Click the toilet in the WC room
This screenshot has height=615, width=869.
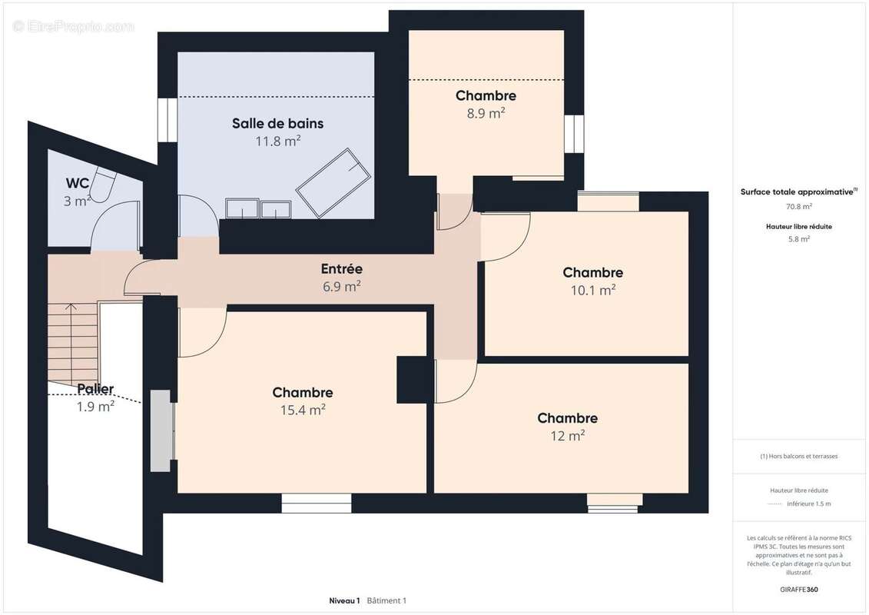pos(102,184)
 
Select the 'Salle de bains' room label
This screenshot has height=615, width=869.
pos(277,123)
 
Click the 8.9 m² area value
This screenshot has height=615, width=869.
pos(486,113)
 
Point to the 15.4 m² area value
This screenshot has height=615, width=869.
pos(303,410)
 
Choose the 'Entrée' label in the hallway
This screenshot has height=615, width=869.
pos(341,269)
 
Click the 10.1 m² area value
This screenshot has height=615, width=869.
pos(593,290)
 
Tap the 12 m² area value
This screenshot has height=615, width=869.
pos(568,436)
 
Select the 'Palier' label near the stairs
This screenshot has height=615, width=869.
pos(95,389)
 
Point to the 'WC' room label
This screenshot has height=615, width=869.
pos(77,183)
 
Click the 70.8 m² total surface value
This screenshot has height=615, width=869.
pos(798,206)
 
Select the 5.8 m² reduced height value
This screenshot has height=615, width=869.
pos(798,239)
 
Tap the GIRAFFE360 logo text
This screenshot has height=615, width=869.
pos(798,590)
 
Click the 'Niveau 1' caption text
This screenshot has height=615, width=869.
pos(344,600)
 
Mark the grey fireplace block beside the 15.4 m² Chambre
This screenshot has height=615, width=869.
pos(160,431)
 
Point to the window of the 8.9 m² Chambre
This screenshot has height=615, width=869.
pos(574,134)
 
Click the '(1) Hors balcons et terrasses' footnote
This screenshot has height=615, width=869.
pos(798,457)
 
